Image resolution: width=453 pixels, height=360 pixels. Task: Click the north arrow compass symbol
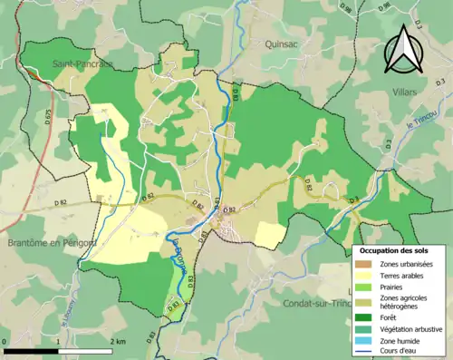tap(401, 49)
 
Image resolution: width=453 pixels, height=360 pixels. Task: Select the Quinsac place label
tap(282, 43)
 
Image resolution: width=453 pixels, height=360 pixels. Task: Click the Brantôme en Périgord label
tap(52, 243)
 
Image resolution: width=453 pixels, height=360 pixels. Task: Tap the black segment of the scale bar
tap(31, 350)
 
